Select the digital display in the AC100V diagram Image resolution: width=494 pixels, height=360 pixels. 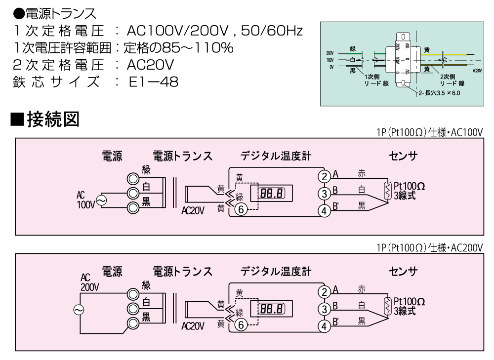(272, 193)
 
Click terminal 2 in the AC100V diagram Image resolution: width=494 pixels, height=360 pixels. (324, 176)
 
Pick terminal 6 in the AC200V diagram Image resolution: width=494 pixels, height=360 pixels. (241, 324)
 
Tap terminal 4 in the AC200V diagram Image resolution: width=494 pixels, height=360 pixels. (324, 326)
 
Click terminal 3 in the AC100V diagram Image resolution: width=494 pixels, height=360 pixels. (324, 193)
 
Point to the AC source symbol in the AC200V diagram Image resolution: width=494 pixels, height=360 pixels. (79, 309)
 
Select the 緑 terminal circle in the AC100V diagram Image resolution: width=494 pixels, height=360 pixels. (132, 178)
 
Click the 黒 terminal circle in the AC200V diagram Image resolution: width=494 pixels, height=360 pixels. (132, 323)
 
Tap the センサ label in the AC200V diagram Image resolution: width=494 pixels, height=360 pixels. (403, 271)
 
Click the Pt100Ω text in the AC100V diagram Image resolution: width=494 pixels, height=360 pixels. (409, 185)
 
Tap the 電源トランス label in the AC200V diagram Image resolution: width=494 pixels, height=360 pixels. (183, 271)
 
